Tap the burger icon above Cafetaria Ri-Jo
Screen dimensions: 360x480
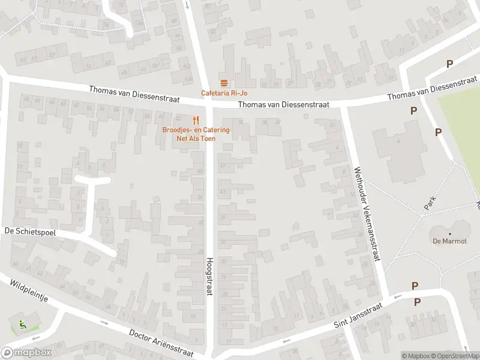tap(224, 83)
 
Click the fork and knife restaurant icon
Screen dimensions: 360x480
tap(196, 120)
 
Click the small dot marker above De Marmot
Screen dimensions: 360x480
tap(449, 234)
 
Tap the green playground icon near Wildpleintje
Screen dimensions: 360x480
tap(23, 325)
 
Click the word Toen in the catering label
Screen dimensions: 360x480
tap(207, 138)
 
